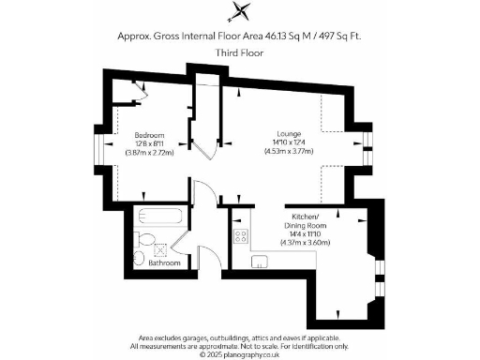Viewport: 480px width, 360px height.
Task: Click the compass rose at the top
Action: coord(241,12)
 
